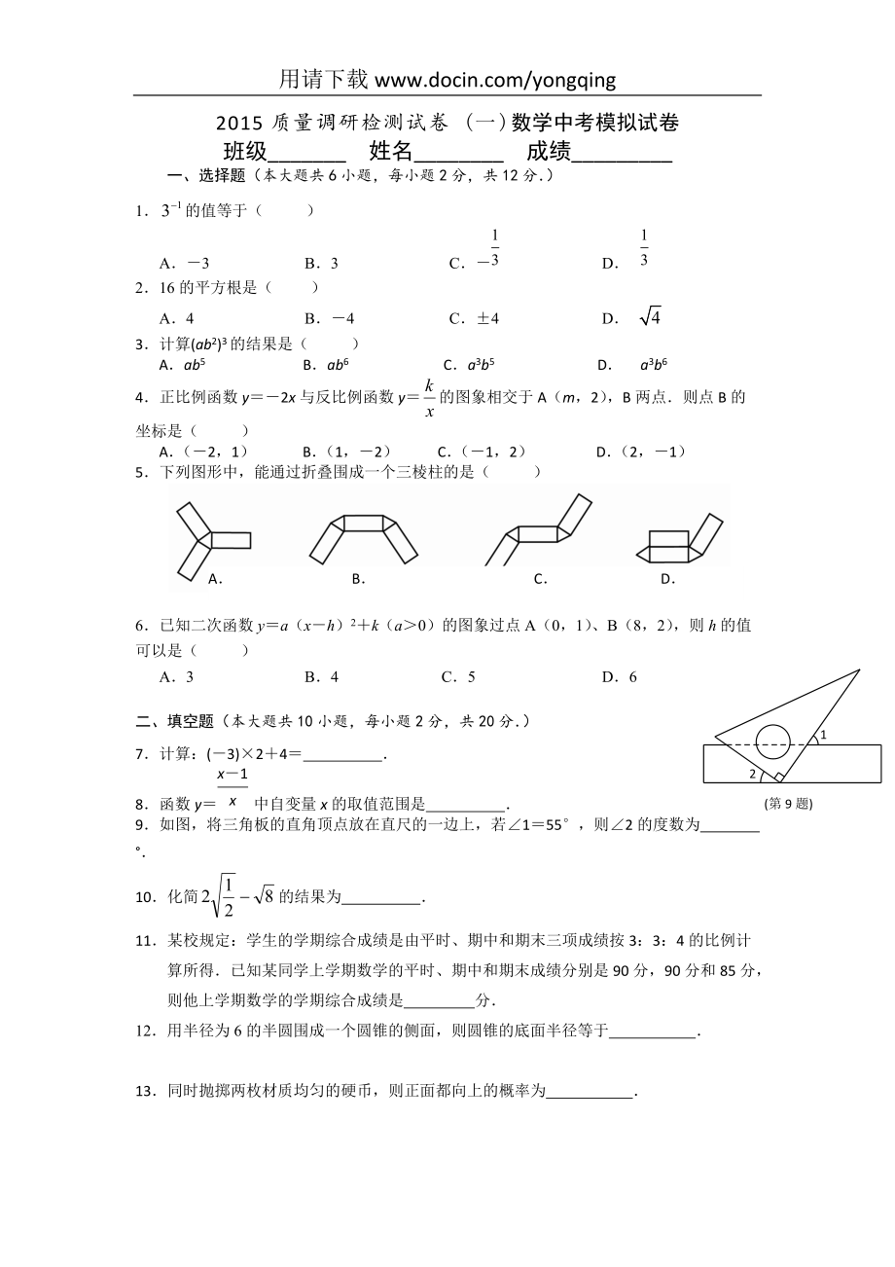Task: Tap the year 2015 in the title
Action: pyautogui.click(x=235, y=123)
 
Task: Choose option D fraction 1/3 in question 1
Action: pyautogui.click(x=644, y=248)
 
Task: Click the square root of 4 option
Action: pyautogui.click(x=650, y=317)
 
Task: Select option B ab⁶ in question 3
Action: pyautogui.click(x=326, y=366)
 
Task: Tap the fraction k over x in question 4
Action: pyautogui.click(x=429, y=397)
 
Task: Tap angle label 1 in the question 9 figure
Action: pyautogui.click(x=822, y=736)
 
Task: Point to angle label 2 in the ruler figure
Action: pyautogui.click(x=752, y=774)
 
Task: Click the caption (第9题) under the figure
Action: pyautogui.click(x=789, y=804)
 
